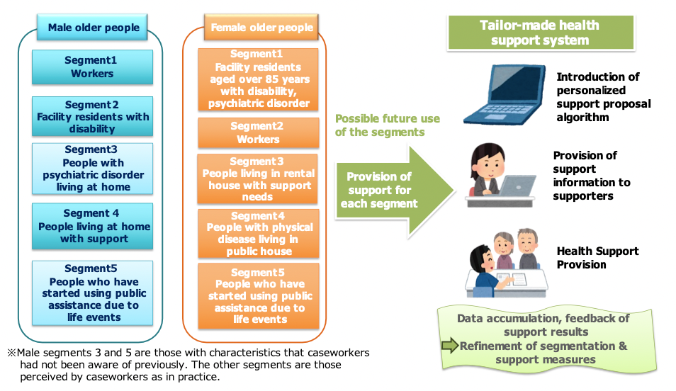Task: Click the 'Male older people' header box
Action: click(92, 27)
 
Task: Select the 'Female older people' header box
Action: click(261, 27)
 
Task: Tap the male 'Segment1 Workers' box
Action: click(92, 67)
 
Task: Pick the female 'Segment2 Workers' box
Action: click(259, 132)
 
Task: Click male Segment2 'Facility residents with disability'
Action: click(92, 116)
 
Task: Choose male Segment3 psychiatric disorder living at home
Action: click(92, 169)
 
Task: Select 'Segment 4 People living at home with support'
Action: click(92, 227)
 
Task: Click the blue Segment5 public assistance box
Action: click(92, 293)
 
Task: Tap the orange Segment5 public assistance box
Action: click(259, 296)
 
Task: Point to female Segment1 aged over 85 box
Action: click(258, 79)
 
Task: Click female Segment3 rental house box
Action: click(258, 179)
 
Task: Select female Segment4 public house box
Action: click(259, 234)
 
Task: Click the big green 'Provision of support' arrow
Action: click(395, 191)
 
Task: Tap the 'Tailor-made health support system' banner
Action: click(541, 33)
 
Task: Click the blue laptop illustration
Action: click(505, 95)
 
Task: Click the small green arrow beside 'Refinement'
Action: click(450, 345)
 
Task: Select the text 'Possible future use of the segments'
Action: click(388, 125)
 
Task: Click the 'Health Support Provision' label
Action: click(597, 258)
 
